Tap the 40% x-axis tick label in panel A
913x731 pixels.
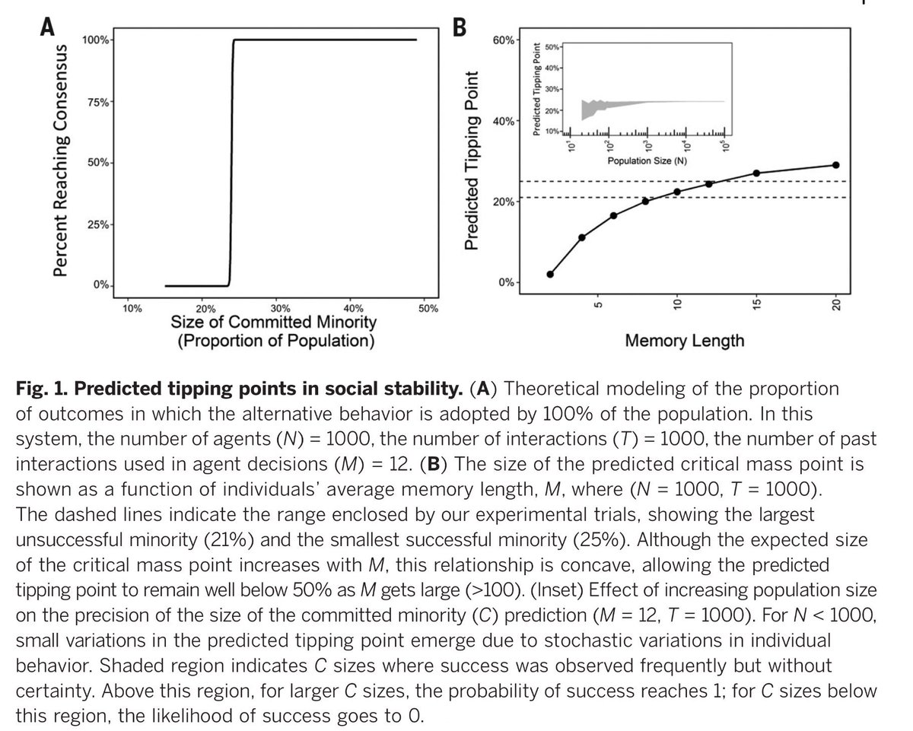point(354,309)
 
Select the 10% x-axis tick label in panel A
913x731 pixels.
point(131,309)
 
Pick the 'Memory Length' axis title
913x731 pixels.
point(684,340)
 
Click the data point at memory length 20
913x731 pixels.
point(836,165)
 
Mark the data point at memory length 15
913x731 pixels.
point(756,173)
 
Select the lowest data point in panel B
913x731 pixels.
point(550,275)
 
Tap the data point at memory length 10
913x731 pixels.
point(677,192)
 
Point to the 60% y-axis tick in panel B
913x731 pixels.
point(506,40)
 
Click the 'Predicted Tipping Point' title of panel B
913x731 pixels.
point(472,160)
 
